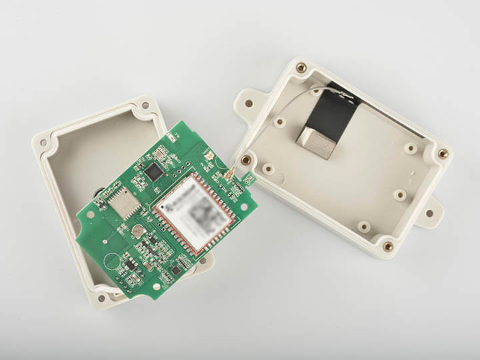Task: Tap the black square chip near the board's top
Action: coord(155,172)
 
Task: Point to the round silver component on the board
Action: coord(138,231)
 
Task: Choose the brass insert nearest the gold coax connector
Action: coord(246,160)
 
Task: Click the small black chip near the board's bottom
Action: coord(175,270)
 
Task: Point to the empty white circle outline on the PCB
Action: coord(111,259)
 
